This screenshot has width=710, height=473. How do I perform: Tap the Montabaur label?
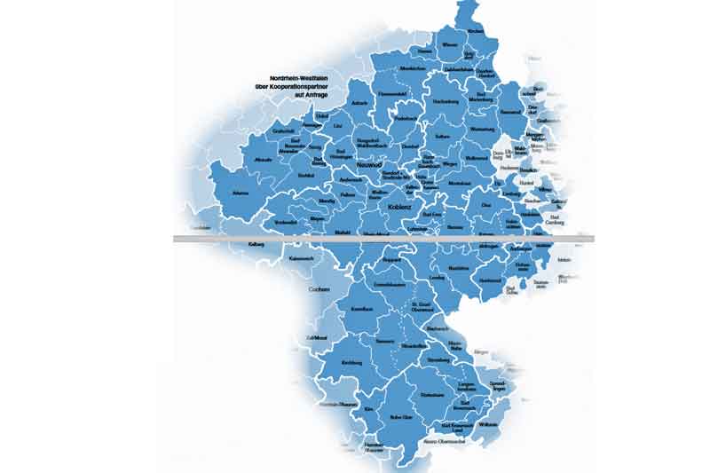[x=434, y=182]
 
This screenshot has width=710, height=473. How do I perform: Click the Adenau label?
[x=240, y=192]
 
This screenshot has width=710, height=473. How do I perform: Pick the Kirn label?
[x=344, y=409]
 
